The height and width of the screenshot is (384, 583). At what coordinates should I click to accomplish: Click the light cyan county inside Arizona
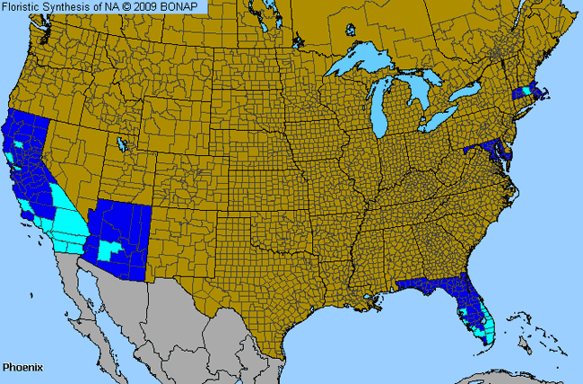tap(110, 246)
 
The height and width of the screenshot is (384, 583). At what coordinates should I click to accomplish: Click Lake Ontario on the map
tap(466, 92)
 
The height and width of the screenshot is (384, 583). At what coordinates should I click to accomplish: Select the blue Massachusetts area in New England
tap(530, 92)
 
